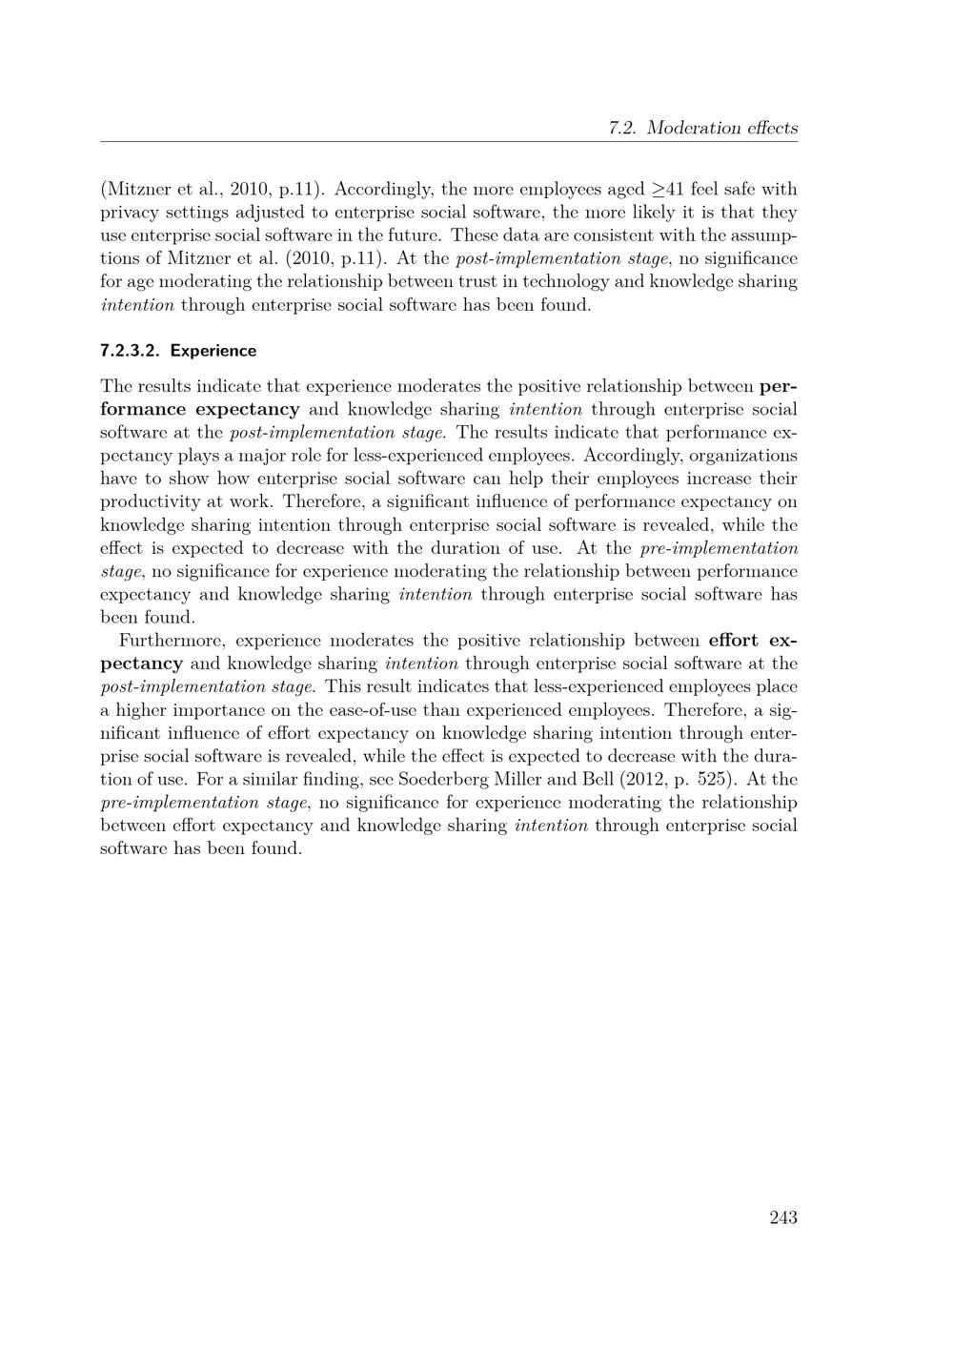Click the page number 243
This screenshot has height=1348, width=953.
pyautogui.click(x=782, y=1217)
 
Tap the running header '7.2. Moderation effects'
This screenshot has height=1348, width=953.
pyautogui.click(x=702, y=128)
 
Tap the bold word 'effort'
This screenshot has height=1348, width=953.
pyautogui.click(x=735, y=641)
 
